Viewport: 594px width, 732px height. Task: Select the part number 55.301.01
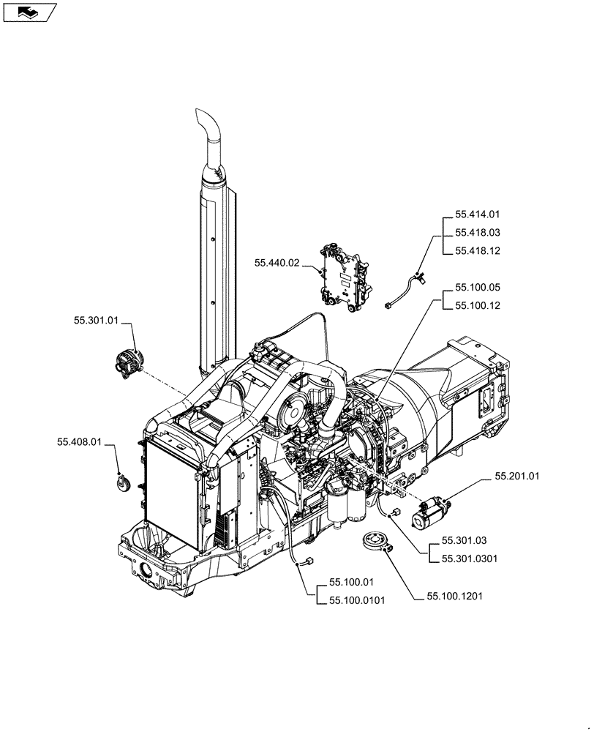[x=95, y=320]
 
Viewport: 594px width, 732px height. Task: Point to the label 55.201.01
[x=516, y=476]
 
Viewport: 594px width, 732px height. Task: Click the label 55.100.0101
[x=357, y=600]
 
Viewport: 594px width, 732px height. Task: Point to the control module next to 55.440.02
[x=344, y=279]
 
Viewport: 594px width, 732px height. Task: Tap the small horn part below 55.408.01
[x=122, y=482]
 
